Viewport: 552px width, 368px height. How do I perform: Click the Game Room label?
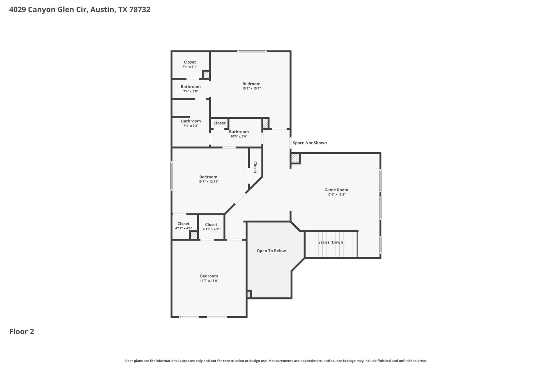point(336,190)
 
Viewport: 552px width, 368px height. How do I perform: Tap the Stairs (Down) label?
point(331,242)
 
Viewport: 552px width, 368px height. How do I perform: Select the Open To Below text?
point(271,251)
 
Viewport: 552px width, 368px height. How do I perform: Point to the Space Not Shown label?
point(310,143)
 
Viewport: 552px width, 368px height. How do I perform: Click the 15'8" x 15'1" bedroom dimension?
point(251,88)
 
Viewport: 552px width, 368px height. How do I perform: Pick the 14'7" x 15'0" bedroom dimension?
point(209,281)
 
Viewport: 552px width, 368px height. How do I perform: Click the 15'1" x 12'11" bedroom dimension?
point(208,182)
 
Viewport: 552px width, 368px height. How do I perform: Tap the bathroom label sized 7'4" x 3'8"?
point(191,87)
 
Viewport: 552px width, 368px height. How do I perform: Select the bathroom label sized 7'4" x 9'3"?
point(191,121)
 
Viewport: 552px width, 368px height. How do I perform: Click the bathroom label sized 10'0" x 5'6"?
point(239,132)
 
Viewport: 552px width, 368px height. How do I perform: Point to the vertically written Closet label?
point(255,167)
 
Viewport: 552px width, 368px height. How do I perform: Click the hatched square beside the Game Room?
point(295,158)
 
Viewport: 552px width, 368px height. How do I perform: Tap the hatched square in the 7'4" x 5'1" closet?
point(206,74)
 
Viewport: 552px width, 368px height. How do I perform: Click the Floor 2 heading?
point(22,332)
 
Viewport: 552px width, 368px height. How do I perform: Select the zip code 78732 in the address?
point(140,10)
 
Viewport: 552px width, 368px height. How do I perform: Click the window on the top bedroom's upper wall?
point(252,51)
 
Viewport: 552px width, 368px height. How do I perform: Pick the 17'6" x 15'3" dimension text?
point(336,195)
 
